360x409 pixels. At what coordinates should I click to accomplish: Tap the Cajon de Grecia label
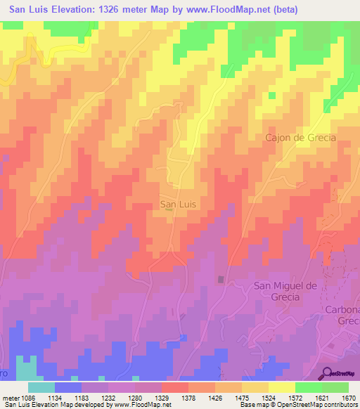(x=300, y=138)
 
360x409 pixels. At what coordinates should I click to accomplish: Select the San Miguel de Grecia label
(x=286, y=291)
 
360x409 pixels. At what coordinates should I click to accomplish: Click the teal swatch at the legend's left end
(x=41, y=387)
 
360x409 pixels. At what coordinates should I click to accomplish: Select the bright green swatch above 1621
(x=309, y=387)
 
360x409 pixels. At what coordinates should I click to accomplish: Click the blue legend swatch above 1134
(x=68, y=387)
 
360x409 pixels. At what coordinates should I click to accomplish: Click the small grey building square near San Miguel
(x=221, y=280)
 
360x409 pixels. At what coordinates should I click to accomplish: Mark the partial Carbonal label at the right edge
(x=342, y=315)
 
